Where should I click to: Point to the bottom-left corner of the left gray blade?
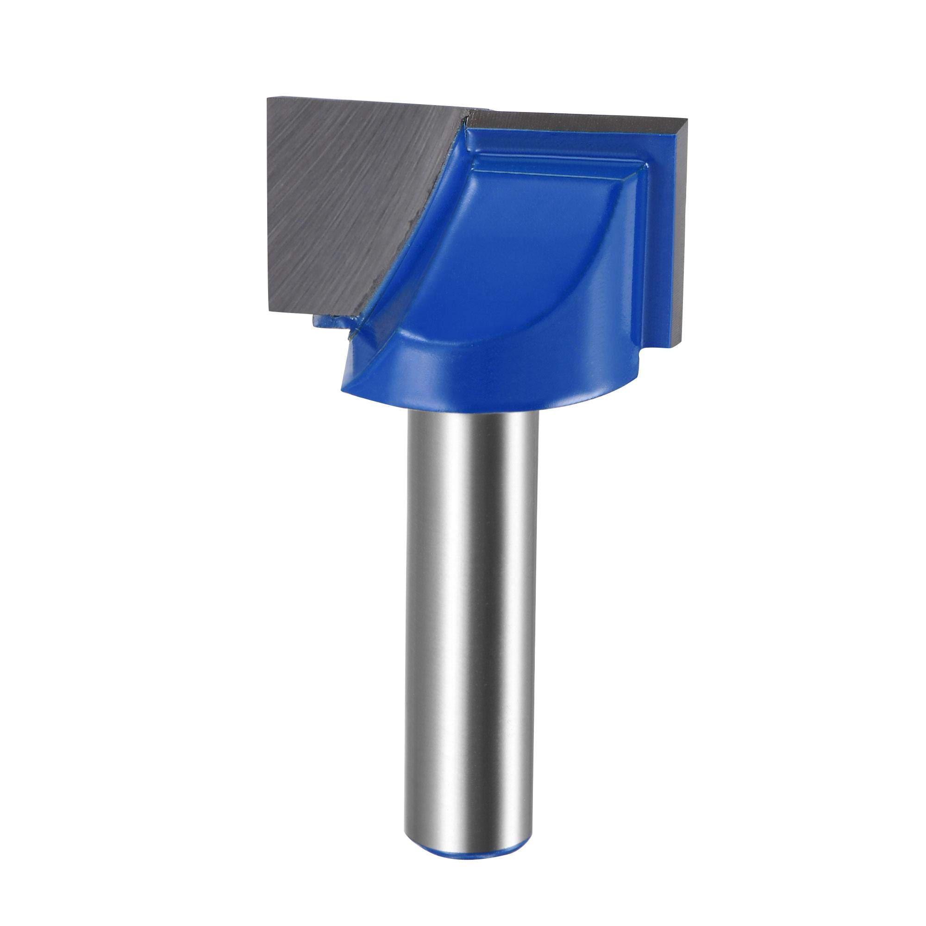click(272, 312)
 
